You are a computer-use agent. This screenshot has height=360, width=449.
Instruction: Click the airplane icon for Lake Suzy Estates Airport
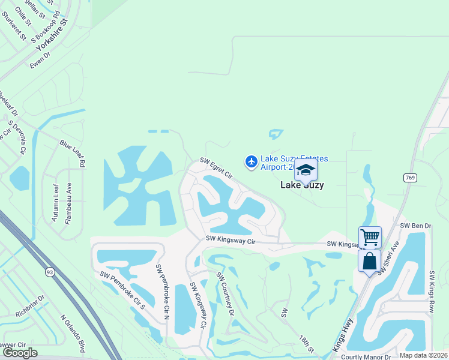click(x=251, y=161)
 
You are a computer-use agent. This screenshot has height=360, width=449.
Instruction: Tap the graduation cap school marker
click(x=306, y=170)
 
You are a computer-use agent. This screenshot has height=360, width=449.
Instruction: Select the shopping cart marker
click(x=370, y=238)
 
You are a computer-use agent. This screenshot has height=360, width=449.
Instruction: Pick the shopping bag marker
click(x=370, y=261)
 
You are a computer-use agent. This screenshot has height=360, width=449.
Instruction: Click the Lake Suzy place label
click(x=303, y=185)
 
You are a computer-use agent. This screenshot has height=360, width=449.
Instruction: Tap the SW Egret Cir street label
click(x=216, y=168)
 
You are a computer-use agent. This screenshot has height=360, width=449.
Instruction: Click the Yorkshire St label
click(x=53, y=34)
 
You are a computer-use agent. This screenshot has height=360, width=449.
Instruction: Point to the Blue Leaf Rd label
click(x=73, y=153)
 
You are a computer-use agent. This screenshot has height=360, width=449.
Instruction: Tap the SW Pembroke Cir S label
click(x=123, y=290)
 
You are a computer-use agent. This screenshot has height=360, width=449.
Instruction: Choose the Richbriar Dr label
click(x=30, y=305)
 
